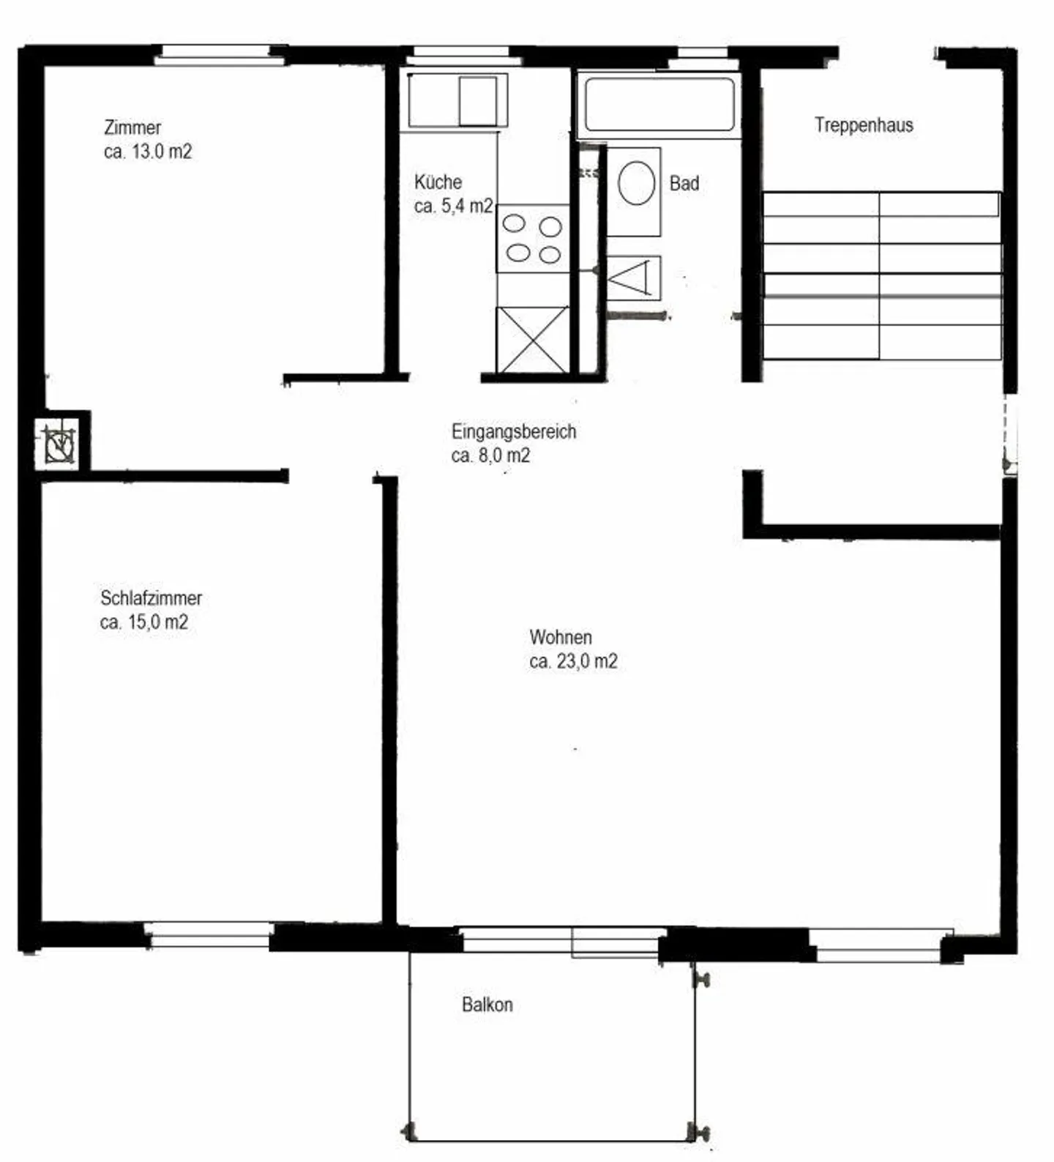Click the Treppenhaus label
(864, 125)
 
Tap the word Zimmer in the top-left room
(132, 127)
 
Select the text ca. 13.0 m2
(148, 152)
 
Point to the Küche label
(438, 182)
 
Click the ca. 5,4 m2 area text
(454, 206)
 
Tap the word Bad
(684, 183)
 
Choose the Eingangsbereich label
(514, 431)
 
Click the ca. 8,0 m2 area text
(490, 455)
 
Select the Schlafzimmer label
(151, 597)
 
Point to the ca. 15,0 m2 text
(144, 622)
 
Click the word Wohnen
(561, 637)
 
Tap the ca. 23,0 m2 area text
(573, 661)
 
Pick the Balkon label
(487, 1005)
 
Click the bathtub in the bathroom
(659, 105)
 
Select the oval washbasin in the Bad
(636, 184)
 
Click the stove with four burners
(532, 239)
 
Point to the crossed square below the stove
(532, 339)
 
